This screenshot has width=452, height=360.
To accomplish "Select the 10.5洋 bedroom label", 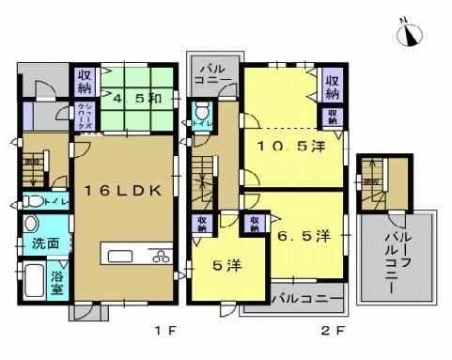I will tap(292, 147).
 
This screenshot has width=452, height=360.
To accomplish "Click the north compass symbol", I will tap(411, 34).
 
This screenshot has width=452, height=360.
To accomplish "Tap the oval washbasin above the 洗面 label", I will tap(32, 224).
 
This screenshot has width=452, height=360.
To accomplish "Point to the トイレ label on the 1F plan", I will tap(54, 201).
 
